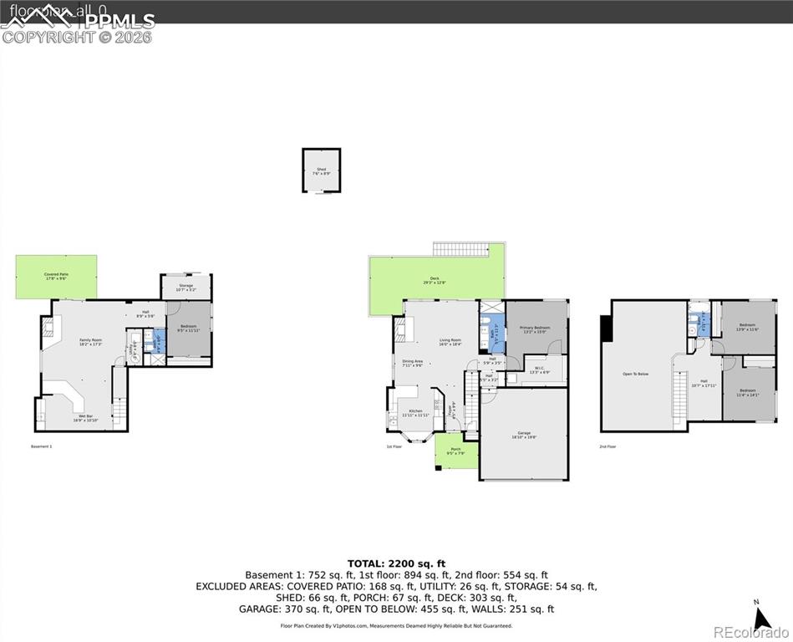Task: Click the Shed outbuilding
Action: pyautogui.click(x=321, y=171)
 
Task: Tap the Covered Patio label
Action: pyautogui.click(x=56, y=276)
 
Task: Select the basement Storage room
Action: pyautogui.click(x=186, y=288)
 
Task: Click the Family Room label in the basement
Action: pyautogui.click(x=90, y=342)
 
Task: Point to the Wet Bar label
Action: pyautogui.click(x=85, y=417)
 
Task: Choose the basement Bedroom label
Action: pyautogui.click(x=188, y=328)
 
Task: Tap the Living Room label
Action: pyautogui.click(x=450, y=341)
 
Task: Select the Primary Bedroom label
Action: pyautogui.click(x=535, y=329)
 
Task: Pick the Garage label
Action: pyautogui.click(x=525, y=434)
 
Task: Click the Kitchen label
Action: pyautogui.click(x=415, y=413)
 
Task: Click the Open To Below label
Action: pyautogui.click(x=636, y=374)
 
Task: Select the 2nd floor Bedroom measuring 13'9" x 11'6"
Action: pyautogui.click(x=747, y=326)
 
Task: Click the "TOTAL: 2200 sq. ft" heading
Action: pyautogui.click(x=395, y=563)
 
